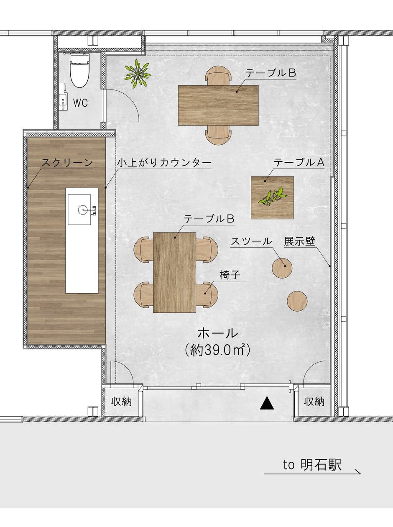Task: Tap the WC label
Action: [81, 103]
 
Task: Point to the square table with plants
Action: [272, 197]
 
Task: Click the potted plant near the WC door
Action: [137, 74]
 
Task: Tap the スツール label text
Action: [251, 241]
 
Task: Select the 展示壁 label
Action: [299, 241]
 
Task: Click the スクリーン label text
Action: [67, 163]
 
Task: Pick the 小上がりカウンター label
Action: [164, 163]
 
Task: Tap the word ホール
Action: [217, 333]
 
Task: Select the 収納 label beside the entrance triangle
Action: [314, 402]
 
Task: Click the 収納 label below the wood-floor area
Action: [122, 402]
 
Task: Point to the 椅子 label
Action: [230, 274]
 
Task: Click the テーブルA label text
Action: [299, 163]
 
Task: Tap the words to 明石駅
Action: [312, 465]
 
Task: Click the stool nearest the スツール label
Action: [282, 268]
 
